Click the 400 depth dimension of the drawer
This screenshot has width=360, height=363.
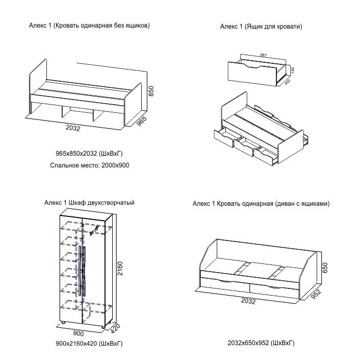287,82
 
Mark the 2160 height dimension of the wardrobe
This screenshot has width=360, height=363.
120,268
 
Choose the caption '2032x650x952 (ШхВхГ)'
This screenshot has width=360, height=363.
261,343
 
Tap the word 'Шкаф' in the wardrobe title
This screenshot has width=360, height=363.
76,203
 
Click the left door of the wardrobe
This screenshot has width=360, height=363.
72,268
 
